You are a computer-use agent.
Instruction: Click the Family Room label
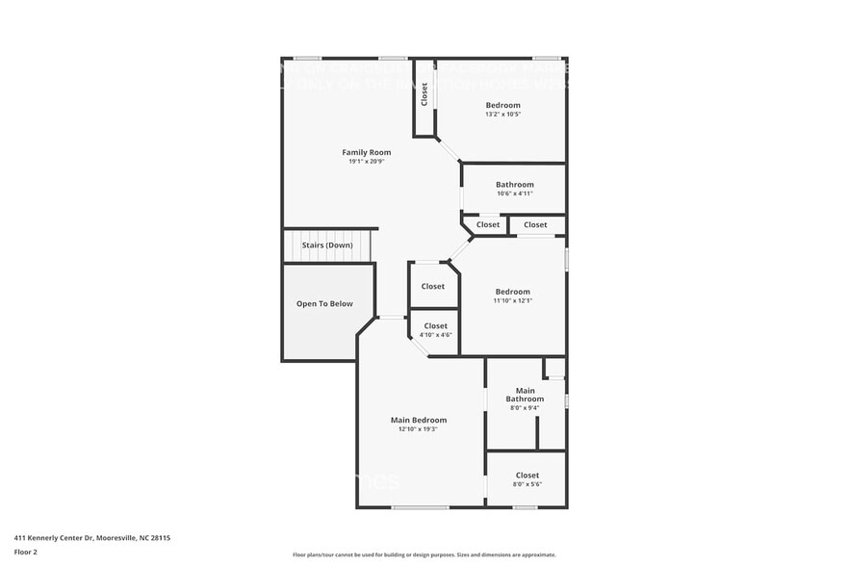pos(367,152)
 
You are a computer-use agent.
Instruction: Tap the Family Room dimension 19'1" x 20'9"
pos(367,162)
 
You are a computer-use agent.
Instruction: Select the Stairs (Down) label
pos(327,245)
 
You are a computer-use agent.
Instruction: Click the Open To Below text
pos(324,304)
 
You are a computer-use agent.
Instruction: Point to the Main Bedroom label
pos(419,420)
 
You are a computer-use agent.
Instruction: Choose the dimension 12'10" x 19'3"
pos(419,429)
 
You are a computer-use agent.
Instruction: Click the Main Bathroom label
pos(525,395)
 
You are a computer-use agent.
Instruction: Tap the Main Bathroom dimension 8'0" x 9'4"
pos(525,407)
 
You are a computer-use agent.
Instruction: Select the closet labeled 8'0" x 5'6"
pos(527,476)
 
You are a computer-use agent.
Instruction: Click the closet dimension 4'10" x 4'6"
pos(435,335)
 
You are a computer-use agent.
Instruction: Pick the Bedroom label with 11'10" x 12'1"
pos(512,292)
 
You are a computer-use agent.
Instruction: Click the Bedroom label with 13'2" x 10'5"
pos(502,105)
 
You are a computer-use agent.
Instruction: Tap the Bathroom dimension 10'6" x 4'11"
pos(515,193)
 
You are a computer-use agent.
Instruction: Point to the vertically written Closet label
pos(424,94)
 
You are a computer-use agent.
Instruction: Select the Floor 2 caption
pos(25,553)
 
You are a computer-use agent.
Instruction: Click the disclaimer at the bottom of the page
pos(424,554)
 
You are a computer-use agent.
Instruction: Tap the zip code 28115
pos(172,538)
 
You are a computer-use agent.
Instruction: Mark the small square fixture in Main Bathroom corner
pos(553,368)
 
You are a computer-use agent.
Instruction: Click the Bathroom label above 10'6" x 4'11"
pos(515,184)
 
